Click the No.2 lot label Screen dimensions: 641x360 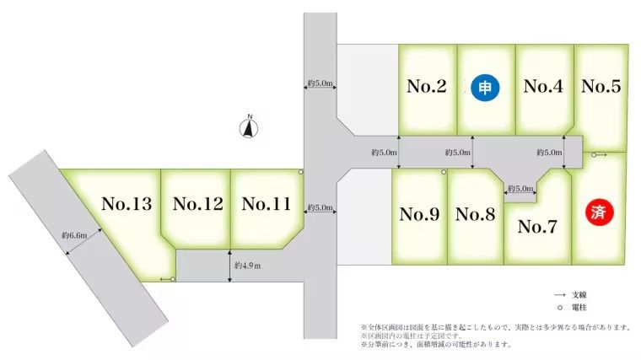[x=427, y=86]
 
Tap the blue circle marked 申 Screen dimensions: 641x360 [x=485, y=88]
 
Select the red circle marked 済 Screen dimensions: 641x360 [x=599, y=212]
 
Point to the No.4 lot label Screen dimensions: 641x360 [x=543, y=86]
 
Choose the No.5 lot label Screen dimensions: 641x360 [x=601, y=86]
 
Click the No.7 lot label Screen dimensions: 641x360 [x=537, y=227]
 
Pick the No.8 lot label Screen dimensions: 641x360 [x=475, y=214]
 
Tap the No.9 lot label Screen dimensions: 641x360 [x=419, y=214]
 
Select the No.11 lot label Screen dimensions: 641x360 [x=267, y=204]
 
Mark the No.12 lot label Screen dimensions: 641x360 [x=198, y=204]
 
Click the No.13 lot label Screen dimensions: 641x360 [x=127, y=204]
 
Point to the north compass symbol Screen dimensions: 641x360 [x=249, y=127]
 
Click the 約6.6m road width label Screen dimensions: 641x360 [x=74, y=235]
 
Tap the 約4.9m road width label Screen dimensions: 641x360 [x=248, y=266]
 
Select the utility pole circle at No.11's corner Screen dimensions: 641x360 [x=301, y=172]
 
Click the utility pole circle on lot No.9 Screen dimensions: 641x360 [x=444, y=172]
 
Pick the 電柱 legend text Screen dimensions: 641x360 [x=579, y=307]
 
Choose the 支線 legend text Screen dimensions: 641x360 [x=579, y=295]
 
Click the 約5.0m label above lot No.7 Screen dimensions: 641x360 [x=520, y=189]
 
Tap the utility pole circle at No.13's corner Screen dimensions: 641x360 [x=173, y=279]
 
